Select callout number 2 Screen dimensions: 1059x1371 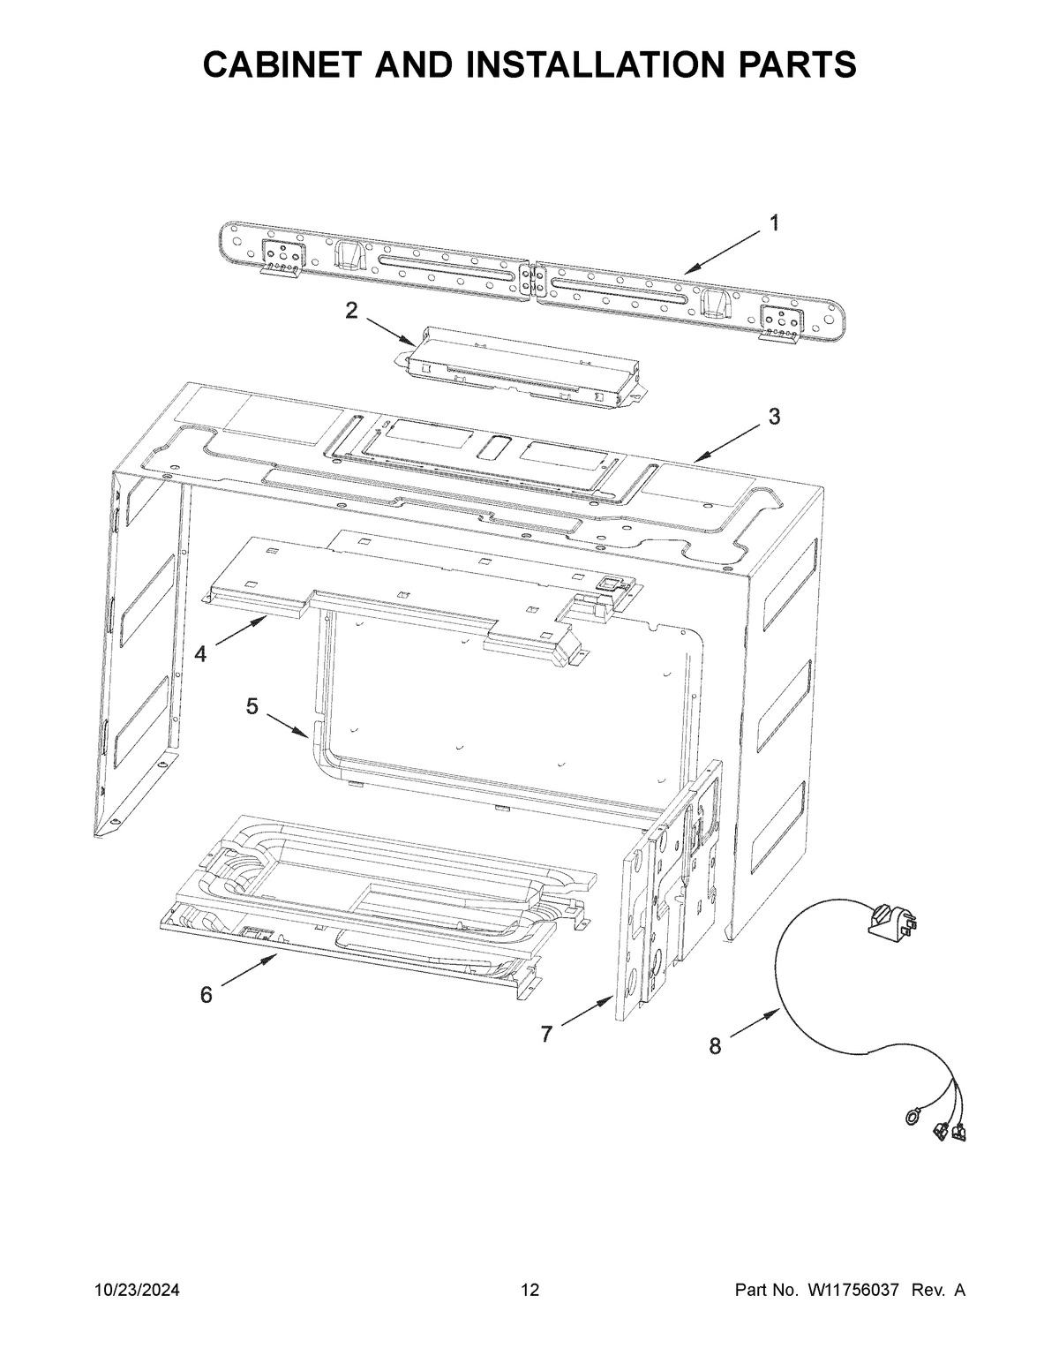point(351,310)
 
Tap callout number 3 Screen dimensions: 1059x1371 point(774,417)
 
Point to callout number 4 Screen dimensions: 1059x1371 point(201,654)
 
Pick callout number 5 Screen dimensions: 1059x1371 point(252,706)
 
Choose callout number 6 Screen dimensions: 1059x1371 point(206,995)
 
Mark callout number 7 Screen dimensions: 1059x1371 point(547,1034)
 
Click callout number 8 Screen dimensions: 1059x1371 point(715,1047)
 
